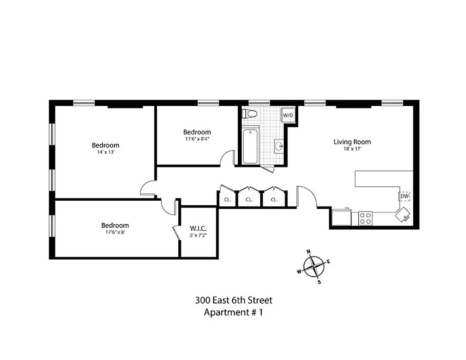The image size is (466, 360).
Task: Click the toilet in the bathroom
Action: (x=249, y=114)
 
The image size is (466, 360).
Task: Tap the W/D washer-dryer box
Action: (x=288, y=116)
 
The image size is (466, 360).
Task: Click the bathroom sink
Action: (x=279, y=146)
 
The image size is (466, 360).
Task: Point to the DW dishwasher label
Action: (x=404, y=196)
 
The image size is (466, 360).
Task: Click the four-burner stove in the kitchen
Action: (x=365, y=218)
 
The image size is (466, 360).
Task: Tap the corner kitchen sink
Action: (x=403, y=215)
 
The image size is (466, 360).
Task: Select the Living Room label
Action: (x=352, y=142)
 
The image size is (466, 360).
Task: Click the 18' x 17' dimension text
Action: (x=352, y=149)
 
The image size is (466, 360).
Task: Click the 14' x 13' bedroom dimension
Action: (x=105, y=152)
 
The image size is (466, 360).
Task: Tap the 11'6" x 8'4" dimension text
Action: (x=197, y=139)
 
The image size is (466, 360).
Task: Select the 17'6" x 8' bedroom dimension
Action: (x=115, y=233)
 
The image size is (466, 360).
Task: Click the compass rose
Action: (x=314, y=267)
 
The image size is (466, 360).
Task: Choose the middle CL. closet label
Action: (x=249, y=200)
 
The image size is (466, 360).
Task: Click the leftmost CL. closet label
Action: (x=227, y=200)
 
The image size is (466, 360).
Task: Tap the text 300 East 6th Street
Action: (x=233, y=300)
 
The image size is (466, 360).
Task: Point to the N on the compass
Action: (x=308, y=252)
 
